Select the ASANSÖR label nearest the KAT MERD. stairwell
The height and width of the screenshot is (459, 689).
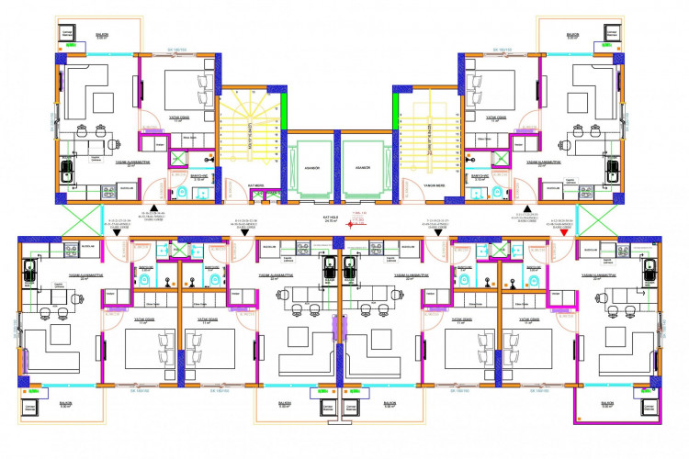coord(311,168)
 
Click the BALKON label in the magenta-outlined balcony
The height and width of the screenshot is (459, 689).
coord(607,403)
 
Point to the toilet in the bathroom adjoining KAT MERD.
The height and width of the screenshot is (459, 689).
coord(181,192)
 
